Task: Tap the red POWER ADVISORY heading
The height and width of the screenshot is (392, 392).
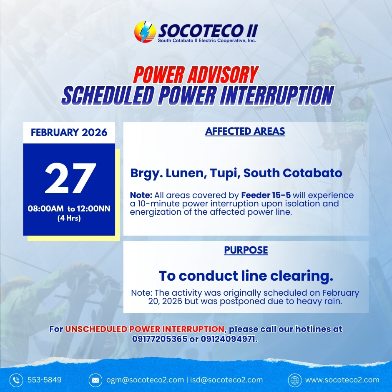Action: (x=196, y=75)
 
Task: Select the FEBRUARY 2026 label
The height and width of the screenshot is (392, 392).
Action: (x=69, y=132)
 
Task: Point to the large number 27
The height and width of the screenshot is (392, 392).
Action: (x=70, y=178)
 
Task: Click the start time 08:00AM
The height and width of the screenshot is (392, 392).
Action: (x=46, y=209)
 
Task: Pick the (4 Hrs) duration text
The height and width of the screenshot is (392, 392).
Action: (x=69, y=218)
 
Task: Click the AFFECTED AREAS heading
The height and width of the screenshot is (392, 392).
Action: (x=245, y=131)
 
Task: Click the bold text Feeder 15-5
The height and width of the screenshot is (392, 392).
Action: (x=266, y=195)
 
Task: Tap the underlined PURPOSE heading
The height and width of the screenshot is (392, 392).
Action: (x=246, y=250)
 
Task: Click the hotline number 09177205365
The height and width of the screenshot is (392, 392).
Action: (x=160, y=339)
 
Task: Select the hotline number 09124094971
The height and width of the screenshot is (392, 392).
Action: (x=229, y=339)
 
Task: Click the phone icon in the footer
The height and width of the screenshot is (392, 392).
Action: (x=16, y=380)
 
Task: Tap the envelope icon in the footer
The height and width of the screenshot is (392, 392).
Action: (x=95, y=380)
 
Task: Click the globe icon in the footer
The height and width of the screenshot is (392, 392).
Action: (x=295, y=380)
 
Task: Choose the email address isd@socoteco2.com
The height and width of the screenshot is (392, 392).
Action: (x=226, y=380)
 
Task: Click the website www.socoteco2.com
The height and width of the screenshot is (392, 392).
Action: (x=342, y=380)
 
